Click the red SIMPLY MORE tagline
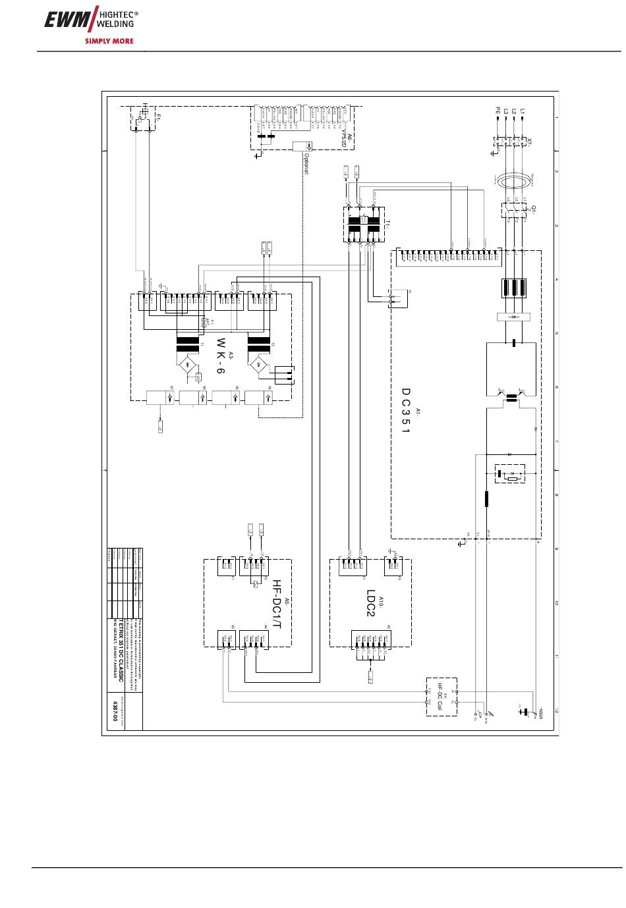(x=109, y=41)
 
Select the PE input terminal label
(x=498, y=112)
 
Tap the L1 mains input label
(x=522, y=112)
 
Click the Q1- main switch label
(x=533, y=209)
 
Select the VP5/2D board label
(x=344, y=140)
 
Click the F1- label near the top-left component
(x=159, y=116)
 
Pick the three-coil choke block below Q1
(x=513, y=288)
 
